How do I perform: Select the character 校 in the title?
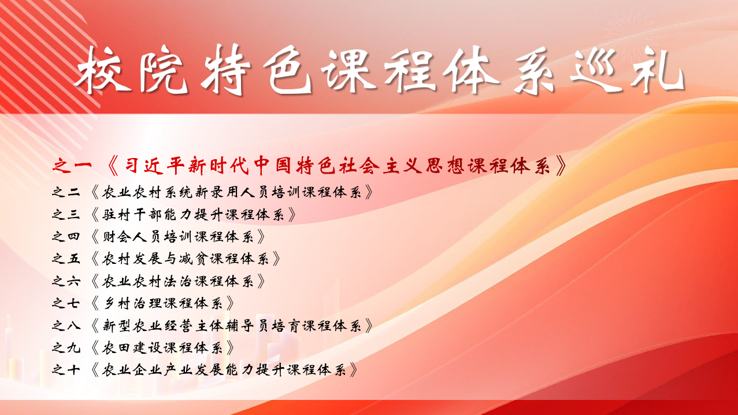[101, 69]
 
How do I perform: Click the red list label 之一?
[72, 166]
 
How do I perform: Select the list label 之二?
[66, 192]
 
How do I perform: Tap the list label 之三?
[66, 214]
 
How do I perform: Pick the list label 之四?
[66, 237]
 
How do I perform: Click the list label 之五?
[66, 259]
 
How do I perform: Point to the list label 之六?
[66, 281]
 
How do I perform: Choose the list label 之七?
[66, 303]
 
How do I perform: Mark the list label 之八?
[66, 326]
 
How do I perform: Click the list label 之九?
[66, 348]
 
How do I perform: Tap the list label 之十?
[66, 370]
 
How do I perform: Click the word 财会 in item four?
[116, 237]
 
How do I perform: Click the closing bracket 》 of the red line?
[561, 166]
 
